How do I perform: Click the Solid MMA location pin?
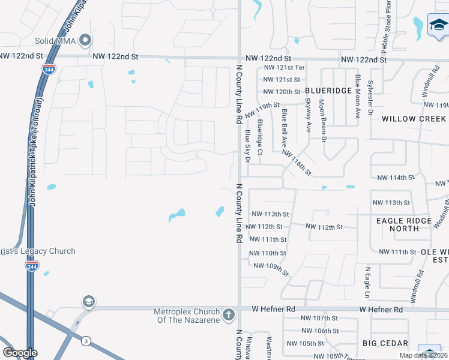(x=85, y=40)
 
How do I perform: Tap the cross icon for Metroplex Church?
(x=228, y=314)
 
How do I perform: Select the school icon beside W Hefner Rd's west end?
(x=88, y=301)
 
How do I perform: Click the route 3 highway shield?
(x=86, y=341)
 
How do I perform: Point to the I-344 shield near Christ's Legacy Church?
(x=32, y=265)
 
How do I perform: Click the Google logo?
(x=20, y=353)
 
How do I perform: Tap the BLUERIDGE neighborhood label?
(x=328, y=91)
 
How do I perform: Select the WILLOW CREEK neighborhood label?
(x=414, y=119)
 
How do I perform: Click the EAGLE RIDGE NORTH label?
(x=404, y=224)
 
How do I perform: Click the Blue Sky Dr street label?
(x=246, y=146)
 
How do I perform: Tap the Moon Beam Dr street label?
(x=322, y=121)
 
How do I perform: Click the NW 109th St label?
(x=271, y=267)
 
